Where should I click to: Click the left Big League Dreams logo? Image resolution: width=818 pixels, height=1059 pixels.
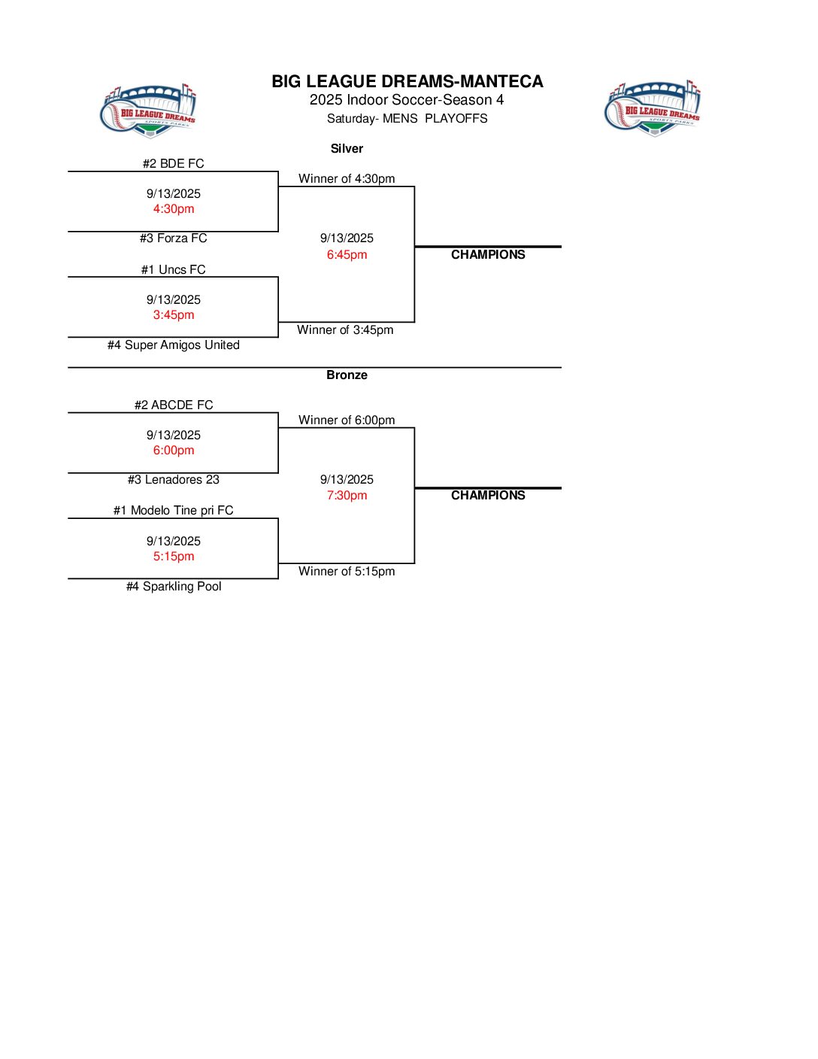pyautogui.click(x=148, y=111)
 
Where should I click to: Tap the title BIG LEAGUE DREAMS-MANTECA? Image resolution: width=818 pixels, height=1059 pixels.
pyautogui.click(x=407, y=81)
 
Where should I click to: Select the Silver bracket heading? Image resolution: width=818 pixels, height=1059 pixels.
pyautogui.click(x=347, y=149)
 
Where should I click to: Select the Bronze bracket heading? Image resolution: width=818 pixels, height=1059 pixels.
pyautogui.click(x=347, y=375)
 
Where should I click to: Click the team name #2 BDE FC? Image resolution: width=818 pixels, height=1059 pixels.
pyautogui.click(x=174, y=164)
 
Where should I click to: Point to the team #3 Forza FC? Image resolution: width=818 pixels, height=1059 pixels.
pyautogui.click(x=174, y=238)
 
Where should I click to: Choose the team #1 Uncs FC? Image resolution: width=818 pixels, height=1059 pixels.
pyautogui.click(x=174, y=270)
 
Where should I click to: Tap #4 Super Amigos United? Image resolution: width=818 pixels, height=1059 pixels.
pyautogui.click(x=174, y=345)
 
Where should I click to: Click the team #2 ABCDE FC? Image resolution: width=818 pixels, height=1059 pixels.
pyautogui.click(x=174, y=405)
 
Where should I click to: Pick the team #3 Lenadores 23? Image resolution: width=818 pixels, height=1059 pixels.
pyautogui.click(x=174, y=480)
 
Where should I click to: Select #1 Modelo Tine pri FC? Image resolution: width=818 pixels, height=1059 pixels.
pyautogui.click(x=174, y=511)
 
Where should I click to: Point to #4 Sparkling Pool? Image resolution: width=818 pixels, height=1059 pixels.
pyautogui.click(x=174, y=587)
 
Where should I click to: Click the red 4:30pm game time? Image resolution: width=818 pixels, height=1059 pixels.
pyautogui.click(x=174, y=209)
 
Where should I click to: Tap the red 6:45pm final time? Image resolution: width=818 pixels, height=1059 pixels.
pyautogui.click(x=347, y=255)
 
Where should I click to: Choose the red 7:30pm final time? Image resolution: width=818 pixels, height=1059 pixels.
pyautogui.click(x=347, y=496)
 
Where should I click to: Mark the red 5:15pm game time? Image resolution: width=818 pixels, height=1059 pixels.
pyautogui.click(x=174, y=557)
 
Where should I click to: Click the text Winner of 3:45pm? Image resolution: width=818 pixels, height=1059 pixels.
pyautogui.click(x=345, y=330)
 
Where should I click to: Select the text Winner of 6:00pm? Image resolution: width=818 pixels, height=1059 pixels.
pyautogui.click(x=347, y=420)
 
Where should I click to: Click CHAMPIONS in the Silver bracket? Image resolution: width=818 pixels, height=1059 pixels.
pyautogui.click(x=488, y=255)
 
